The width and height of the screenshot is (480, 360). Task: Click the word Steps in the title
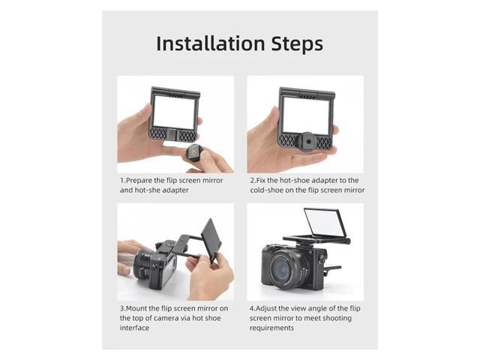click(298, 43)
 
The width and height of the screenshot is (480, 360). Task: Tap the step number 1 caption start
click(121, 181)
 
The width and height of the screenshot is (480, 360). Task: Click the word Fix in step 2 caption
click(263, 181)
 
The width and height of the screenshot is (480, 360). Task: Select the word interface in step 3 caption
click(135, 328)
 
